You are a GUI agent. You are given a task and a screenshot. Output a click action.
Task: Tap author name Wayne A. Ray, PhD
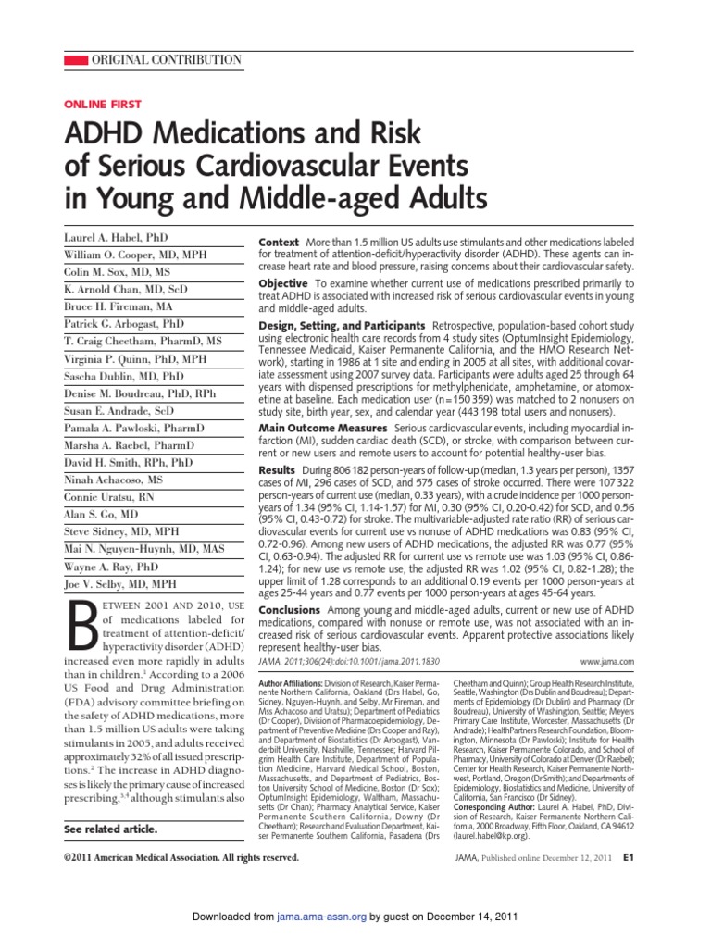112,566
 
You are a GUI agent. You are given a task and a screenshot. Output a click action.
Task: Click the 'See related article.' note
109,829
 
